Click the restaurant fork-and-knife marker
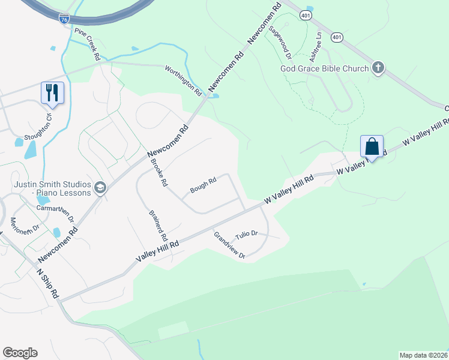(52, 93)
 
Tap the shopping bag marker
(372, 146)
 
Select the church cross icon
(378, 68)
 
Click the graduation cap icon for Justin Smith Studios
(100, 188)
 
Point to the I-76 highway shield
(64, 19)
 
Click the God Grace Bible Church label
(325, 68)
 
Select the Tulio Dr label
(246, 233)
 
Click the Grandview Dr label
(229, 245)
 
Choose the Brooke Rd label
(158, 172)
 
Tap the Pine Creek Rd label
(86, 43)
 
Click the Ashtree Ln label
(316, 47)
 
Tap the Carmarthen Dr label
(53, 214)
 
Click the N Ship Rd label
(47, 283)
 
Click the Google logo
(20, 353)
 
